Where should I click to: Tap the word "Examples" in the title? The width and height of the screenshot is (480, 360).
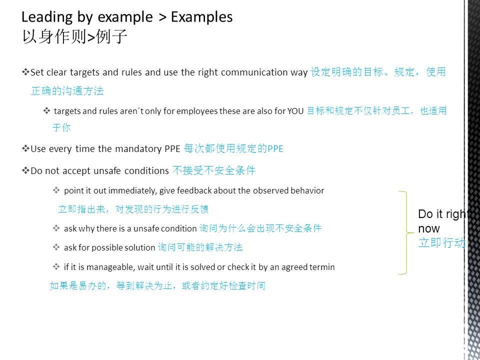coord(201,16)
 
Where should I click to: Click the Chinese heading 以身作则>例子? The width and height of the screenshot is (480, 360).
coord(74,36)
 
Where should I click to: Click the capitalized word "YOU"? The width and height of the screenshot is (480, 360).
coord(295,111)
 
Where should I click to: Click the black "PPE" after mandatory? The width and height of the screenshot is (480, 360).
coord(172,149)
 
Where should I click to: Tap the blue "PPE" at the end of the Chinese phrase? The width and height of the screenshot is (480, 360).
coord(275,149)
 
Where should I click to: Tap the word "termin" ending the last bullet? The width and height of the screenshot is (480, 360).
coord(323,267)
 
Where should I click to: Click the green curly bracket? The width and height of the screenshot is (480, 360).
coord(406,232)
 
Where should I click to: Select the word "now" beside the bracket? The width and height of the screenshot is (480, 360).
coord(429,228)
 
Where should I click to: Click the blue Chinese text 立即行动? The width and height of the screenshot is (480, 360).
coord(441,242)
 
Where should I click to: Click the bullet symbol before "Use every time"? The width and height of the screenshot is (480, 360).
coord(25,149)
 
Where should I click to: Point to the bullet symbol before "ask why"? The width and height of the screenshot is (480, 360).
coord(56,228)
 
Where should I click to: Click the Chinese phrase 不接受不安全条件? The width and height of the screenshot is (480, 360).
coord(213,170)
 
